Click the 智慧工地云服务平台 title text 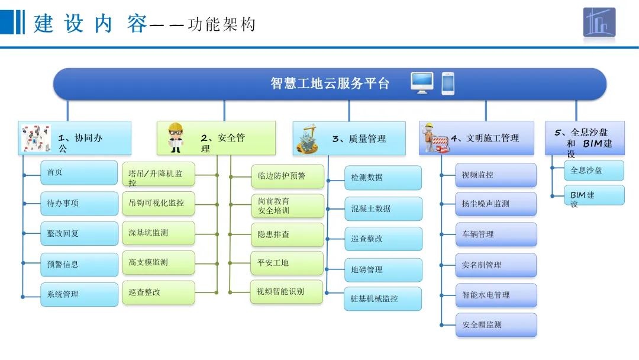[x=330, y=83]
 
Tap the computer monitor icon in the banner [x=422, y=83]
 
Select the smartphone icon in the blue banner [x=448, y=83]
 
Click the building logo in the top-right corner [x=599, y=22]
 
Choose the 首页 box [x=79, y=172]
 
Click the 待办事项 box [x=79, y=203]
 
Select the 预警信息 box [x=79, y=264]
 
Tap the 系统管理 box [x=79, y=294]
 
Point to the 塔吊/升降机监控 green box [x=158, y=176]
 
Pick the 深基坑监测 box [x=158, y=233]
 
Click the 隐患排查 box [x=288, y=234]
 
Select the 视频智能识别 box [x=288, y=291]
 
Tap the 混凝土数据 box [x=383, y=208]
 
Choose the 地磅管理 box [x=383, y=269]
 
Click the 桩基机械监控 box [x=383, y=298]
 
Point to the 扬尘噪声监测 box [x=496, y=204]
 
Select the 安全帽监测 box [x=496, y=324]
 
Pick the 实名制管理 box [x=496, y=265]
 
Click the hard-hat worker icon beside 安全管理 [x=176, y=138]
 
